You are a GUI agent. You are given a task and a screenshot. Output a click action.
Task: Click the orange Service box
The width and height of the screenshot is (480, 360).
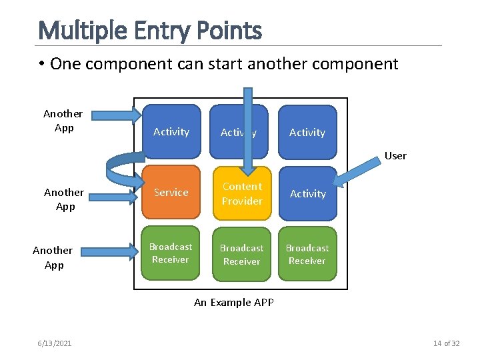(171, 193)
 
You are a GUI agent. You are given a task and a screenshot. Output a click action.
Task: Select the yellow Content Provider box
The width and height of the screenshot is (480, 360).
(242, 193)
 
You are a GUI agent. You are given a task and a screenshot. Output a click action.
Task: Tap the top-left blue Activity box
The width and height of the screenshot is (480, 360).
(171, 131)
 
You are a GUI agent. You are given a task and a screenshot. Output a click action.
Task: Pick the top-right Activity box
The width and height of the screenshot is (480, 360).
(307, 132)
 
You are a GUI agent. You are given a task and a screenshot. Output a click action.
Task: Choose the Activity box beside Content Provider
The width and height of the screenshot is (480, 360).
(307, 193)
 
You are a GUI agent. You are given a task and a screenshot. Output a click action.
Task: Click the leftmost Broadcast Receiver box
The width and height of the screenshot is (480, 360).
(171, 253)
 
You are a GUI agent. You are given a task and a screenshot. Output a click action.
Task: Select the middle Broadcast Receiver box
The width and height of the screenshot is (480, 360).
(241, 255)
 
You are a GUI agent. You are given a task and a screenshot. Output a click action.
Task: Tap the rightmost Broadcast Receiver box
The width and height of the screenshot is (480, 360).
(307, 254)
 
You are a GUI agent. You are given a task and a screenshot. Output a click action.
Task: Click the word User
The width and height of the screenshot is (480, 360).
(395, 156)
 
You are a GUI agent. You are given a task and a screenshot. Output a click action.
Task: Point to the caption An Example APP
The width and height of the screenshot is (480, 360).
(234, 303)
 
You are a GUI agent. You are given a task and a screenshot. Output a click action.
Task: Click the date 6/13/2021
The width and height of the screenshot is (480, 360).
(55, 343)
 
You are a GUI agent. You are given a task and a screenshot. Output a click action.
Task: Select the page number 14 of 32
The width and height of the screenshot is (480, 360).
(447, 343)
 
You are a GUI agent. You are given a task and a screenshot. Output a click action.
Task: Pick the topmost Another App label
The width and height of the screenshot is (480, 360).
(63, 121)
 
